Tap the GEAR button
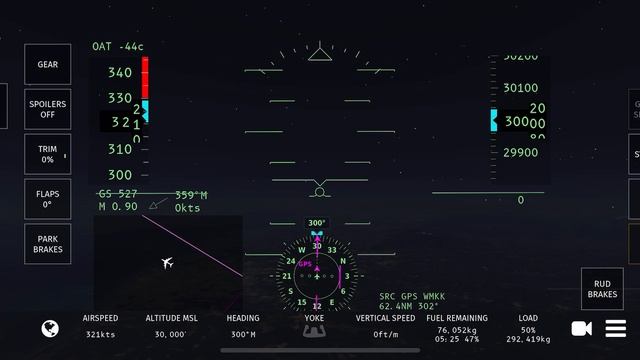47,64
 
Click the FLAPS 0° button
47,199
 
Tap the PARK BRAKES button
47,244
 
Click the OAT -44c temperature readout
118,47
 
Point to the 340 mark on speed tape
120,73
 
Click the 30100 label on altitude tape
520,88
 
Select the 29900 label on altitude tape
520,153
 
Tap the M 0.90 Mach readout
118,207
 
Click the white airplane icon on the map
167,263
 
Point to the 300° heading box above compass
317,223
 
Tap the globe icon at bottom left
49,328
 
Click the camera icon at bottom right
581,328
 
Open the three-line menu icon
615,328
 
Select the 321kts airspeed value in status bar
101,335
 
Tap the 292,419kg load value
528,339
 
